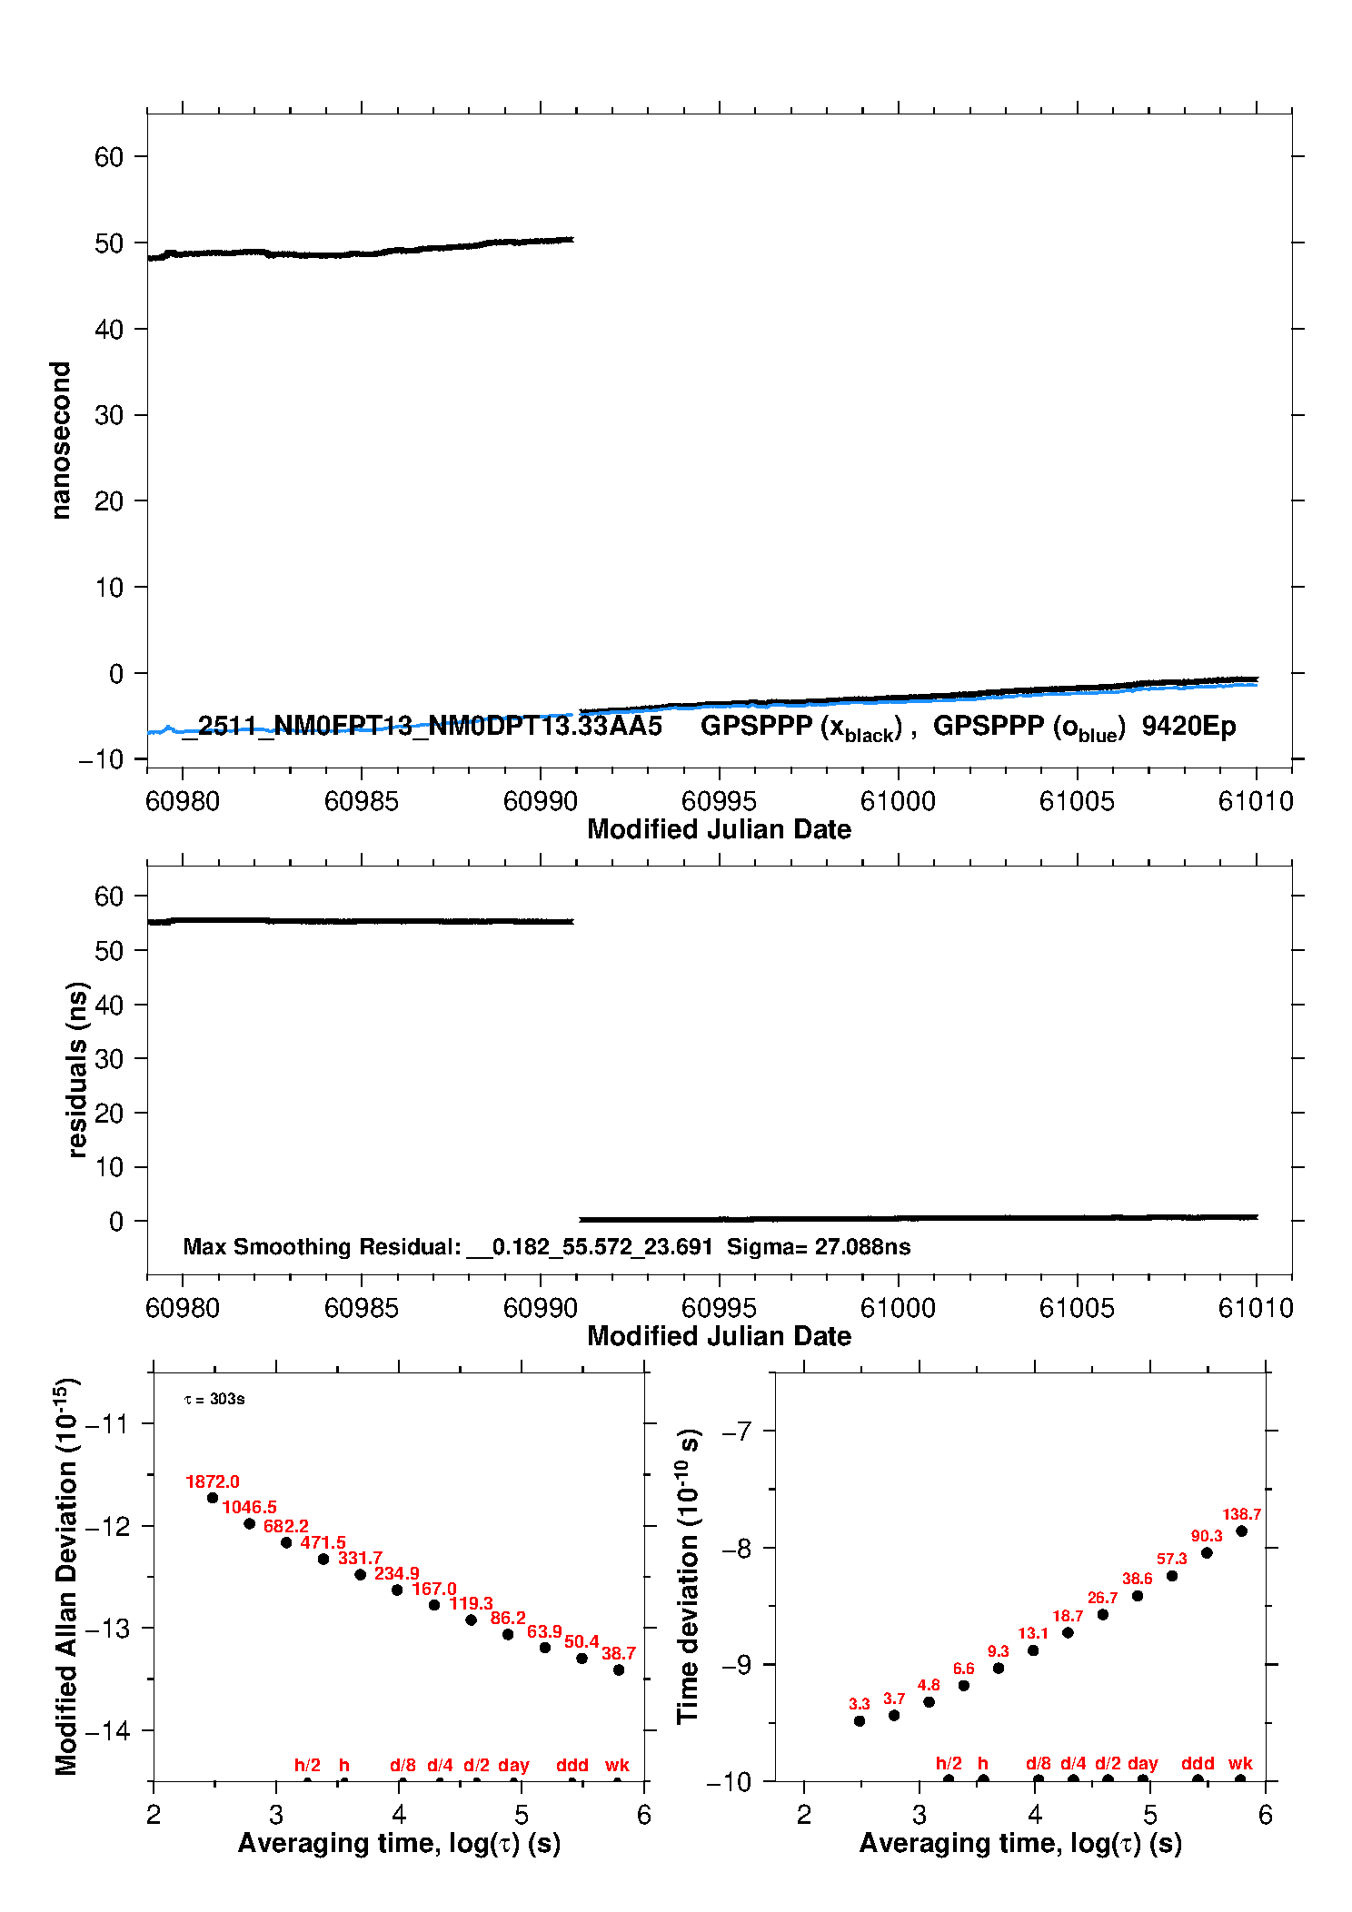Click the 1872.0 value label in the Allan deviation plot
point(212,1481)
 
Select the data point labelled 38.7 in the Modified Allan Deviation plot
point(619,1669)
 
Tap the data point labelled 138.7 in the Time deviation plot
point(1241,1531)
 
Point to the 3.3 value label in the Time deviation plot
point(859,1704)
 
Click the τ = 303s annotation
point(214,1399)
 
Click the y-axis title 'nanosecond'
point(60,441)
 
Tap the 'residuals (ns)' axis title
point(77,1069)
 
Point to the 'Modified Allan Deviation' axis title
point(66,1576)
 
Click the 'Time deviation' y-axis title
point(688,1576)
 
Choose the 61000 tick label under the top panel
point(898,801)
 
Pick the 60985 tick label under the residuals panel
point(361,1308)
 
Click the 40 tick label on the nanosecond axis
point(109,329)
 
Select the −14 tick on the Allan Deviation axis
point(106,1730)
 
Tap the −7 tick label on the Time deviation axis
point(736,1431)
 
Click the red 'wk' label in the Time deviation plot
point(1240,1763)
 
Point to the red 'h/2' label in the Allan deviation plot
point(307,1765)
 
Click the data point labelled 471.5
point(323,1559)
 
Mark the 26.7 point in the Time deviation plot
point(1102,1614)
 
